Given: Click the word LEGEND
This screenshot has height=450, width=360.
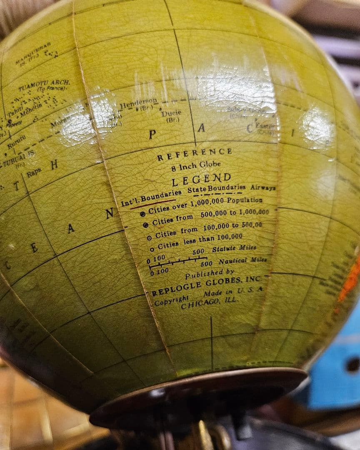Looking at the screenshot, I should pos(201,180).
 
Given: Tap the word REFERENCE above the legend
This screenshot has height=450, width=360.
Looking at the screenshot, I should pos(195,154).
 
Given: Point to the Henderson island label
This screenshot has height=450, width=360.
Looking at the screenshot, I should pos(138,104).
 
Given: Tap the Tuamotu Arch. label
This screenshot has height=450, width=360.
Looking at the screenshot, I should pos(44,85).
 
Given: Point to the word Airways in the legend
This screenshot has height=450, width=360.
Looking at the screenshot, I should pos(263,188).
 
